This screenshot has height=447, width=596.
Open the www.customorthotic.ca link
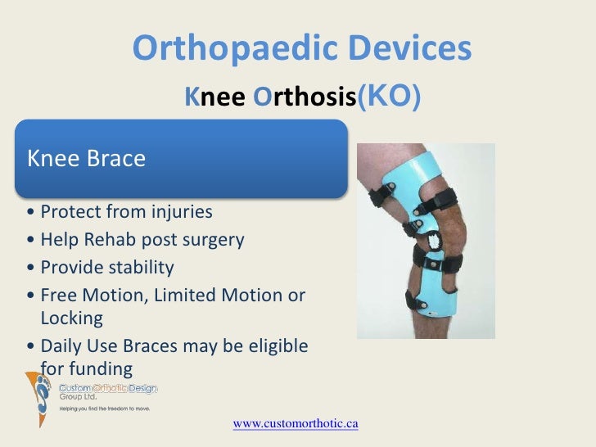pos(296,423)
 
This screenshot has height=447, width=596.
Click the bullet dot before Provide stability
pos(30,269)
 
